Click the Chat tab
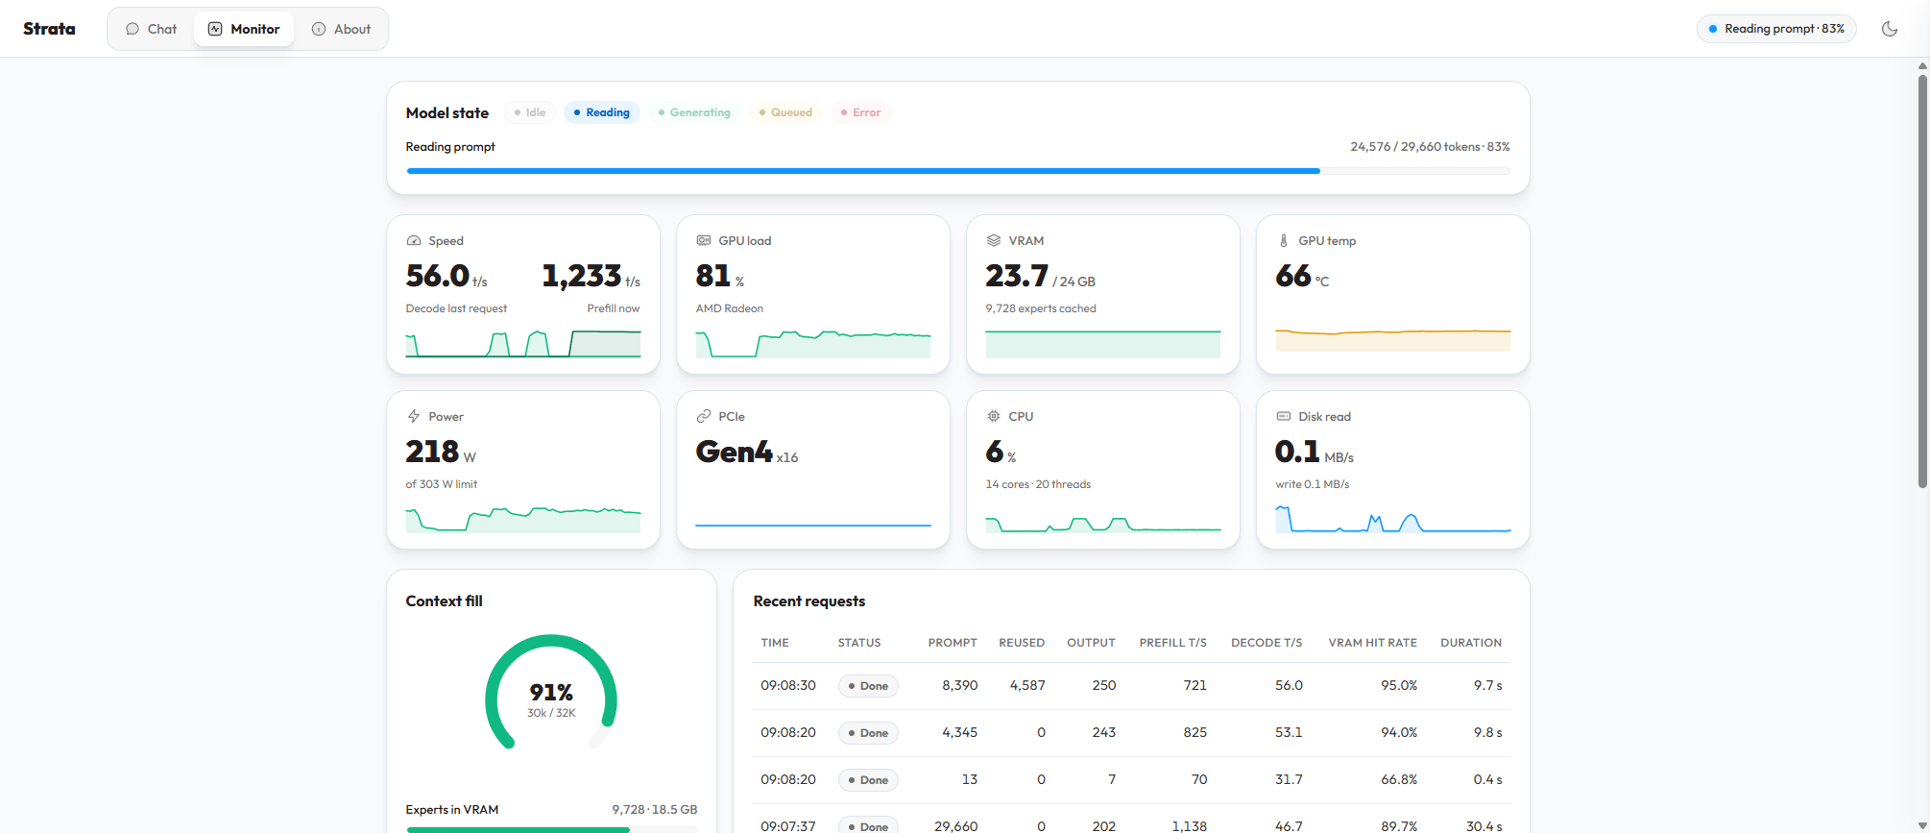pyautogui.click(x=152, y=29)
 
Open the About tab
pyautogui.click(x=342, y=29)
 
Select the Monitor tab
pyautogui.click(x=244, y=29)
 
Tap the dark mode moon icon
pyautogui.click(x=1890, y=29)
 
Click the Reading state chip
pyautogui.click(x=602, y=112)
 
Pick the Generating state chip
pyautogui.click(x=694, y=112)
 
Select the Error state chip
pyautogui.click(x=860, y=112)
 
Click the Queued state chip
pyautogui.click(x=785, y=112)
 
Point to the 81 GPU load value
pyautogui.click(x=713, y=276)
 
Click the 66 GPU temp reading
pyautogui.click(x=1293, y=276)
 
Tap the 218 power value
pyautogui.click(x=432, y=452)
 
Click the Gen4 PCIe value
pyautogui.click(x=734, y=452)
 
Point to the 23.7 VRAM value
pyautogui.click(x=1017, y=276)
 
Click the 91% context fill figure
pyautogui.click(x=551, y=693)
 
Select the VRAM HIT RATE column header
pyautogui.click(x=1373, y=643)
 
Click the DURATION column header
pyautogui.click(x=1471, y=643)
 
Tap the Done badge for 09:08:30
pyautogui.click(x=869, y=686)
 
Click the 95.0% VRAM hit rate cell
pyautogui.click(x=1399, y=686)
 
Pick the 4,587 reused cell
pyautogui.click(x=1027, y=686)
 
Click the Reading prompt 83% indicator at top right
pyautogui.click(x=1776, y=29)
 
